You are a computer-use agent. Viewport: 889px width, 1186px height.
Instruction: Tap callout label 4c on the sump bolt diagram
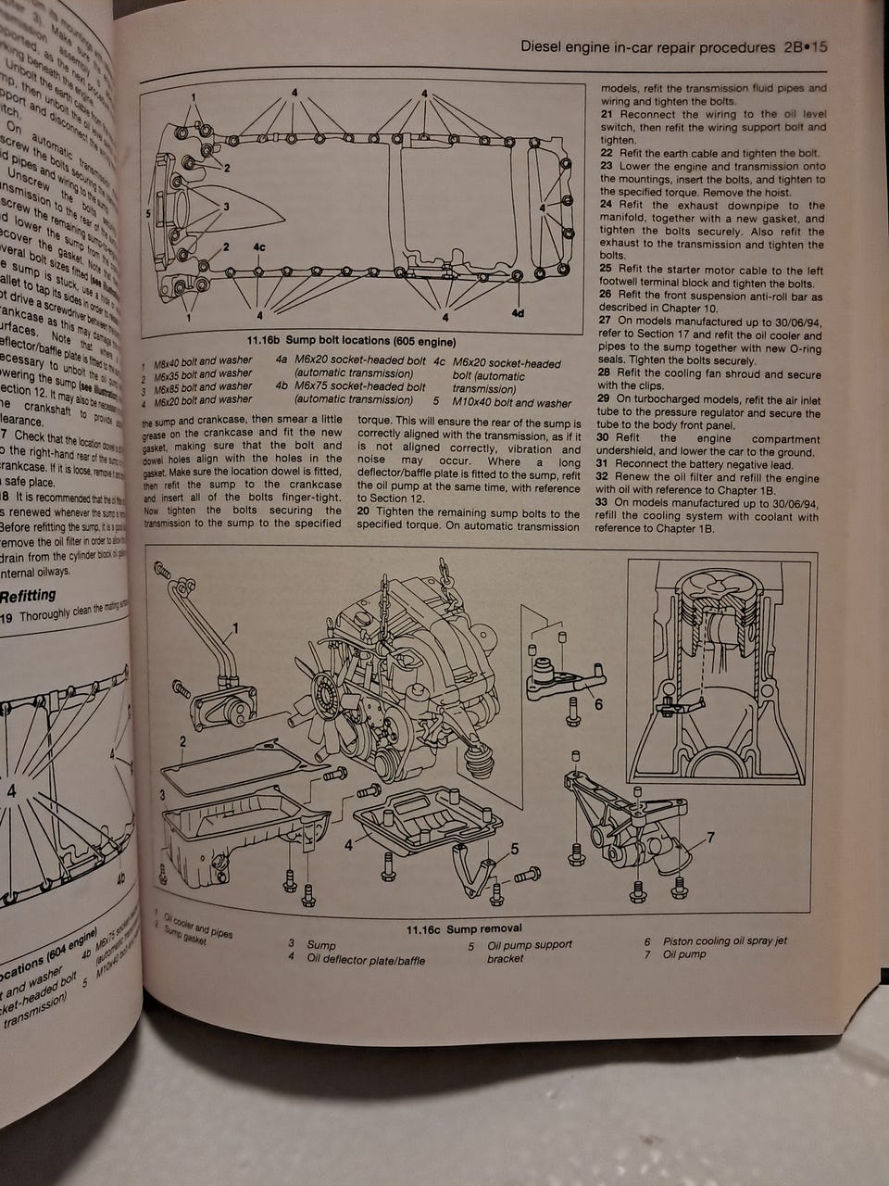[x=258, y=248]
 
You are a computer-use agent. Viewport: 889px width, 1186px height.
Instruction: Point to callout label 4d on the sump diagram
[x=517, y=312]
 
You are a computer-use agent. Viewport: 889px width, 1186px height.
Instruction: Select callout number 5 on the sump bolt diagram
[x=148, y=212]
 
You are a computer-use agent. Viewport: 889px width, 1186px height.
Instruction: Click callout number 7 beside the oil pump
[x=710, y=838]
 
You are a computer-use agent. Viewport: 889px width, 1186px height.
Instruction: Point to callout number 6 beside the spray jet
[x=598, y=704]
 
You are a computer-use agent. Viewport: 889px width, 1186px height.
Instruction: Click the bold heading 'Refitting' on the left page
[x=28, y=595]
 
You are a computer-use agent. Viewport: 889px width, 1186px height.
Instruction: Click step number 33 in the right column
[x=602, y=503]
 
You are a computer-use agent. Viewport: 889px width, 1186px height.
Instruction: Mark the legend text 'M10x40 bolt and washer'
[x=511, y=403]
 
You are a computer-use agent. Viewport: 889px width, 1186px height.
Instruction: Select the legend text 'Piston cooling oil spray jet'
[x=724, y=940]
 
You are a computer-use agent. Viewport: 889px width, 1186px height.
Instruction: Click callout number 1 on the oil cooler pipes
[x=235, y=628]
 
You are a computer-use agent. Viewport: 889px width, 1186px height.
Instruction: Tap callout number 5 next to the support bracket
[x=515, y=849]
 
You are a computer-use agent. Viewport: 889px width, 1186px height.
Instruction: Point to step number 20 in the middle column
[x=365, y=513]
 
